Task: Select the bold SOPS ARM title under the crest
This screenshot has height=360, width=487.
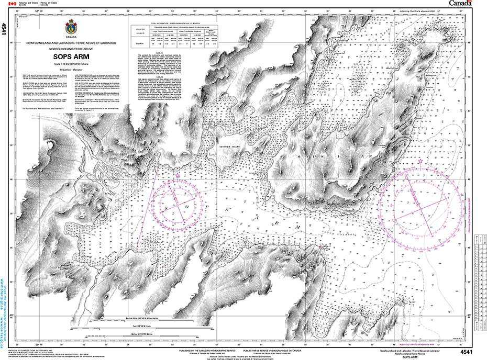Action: (70, 57)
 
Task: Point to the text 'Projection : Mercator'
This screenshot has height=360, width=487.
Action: (70, 69)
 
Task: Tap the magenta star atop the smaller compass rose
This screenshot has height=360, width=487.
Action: (179, 175)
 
